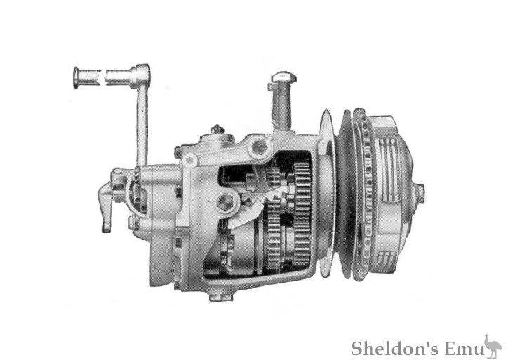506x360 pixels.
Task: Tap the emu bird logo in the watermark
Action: pos(492,345)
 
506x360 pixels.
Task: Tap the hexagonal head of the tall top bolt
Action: pos(280,77)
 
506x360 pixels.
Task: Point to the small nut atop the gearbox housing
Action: pos(218,130)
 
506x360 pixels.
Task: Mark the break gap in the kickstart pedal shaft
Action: pos(103,77)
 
